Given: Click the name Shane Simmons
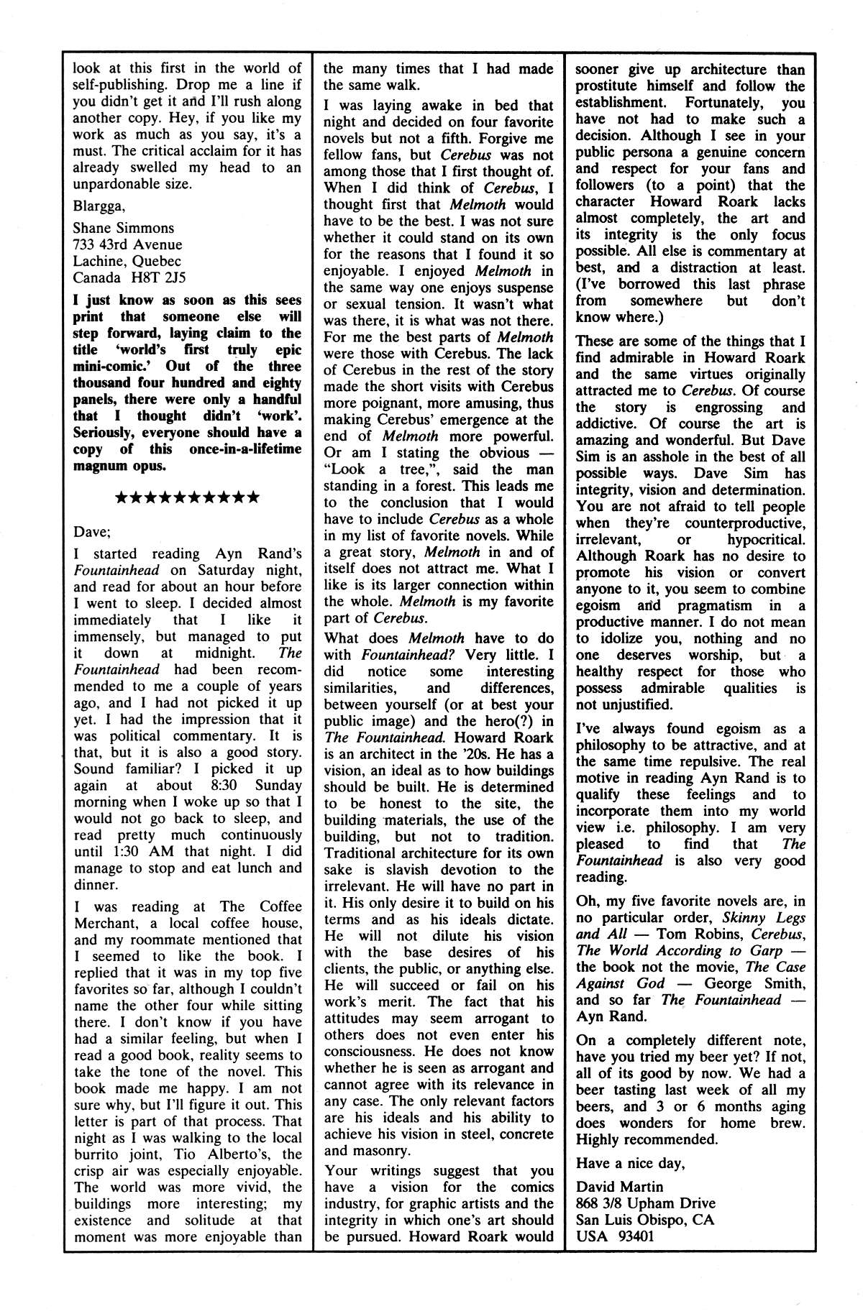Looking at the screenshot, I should coord(124,228).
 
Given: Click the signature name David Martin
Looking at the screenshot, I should coord(619,1187).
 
